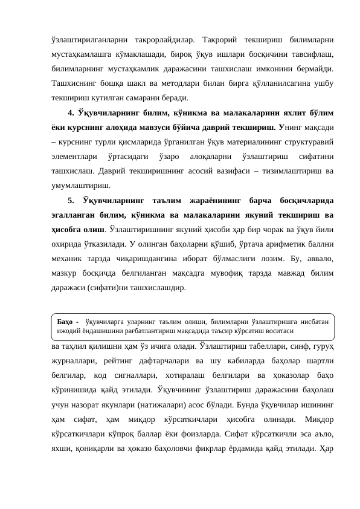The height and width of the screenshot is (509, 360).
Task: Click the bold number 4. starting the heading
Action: (72, 112)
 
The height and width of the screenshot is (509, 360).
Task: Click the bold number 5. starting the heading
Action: (72, 200)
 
